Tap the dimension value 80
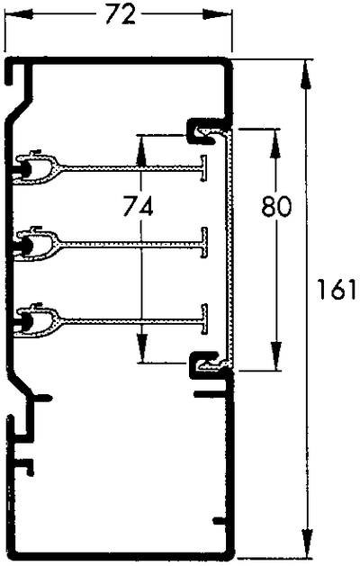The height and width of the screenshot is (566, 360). [x=276, y=207]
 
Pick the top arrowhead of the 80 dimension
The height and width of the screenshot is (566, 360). [x=274, y=138]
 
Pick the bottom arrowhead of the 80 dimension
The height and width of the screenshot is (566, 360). [x=274, y=361]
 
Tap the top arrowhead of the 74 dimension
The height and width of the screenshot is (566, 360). [x=142, y=144]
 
